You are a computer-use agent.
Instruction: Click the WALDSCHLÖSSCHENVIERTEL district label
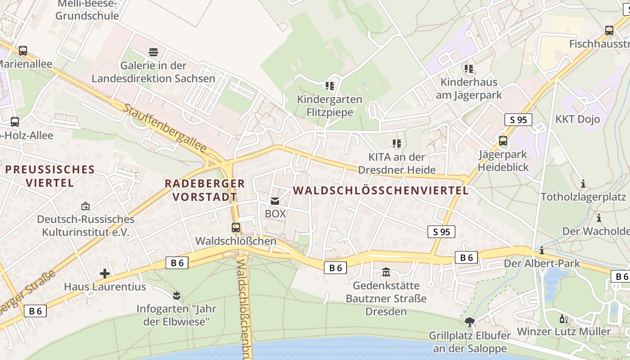click(381, 190)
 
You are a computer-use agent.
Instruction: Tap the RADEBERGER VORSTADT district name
click(205, 190)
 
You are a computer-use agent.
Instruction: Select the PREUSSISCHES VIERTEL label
click(50, 176)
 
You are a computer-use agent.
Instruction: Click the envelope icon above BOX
click(274, 201)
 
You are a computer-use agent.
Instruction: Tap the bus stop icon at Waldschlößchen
click(235, 228)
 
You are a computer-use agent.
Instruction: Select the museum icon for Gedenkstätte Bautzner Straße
click(386, 272)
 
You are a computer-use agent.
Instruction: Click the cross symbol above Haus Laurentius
click(105, 273)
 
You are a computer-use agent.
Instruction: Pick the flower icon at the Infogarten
click(176, 296)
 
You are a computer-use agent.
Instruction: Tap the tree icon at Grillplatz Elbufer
click(470, 322)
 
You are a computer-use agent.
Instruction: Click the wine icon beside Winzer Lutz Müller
click(563, 319)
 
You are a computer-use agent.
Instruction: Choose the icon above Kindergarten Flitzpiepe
click(330, 85)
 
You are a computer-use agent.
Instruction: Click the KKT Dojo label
click(578, 119)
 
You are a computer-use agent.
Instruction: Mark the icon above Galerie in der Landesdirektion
click(153, 52)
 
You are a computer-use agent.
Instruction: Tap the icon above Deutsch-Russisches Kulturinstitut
click(85, 206)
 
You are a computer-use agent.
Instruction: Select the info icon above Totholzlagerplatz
click(583, 184)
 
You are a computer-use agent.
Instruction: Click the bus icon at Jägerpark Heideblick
click(503, 141)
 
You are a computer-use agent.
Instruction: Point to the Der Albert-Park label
click(542, 263)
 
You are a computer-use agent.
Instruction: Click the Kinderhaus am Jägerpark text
click(468, 89)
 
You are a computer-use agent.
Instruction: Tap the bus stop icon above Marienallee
click(23, 51)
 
